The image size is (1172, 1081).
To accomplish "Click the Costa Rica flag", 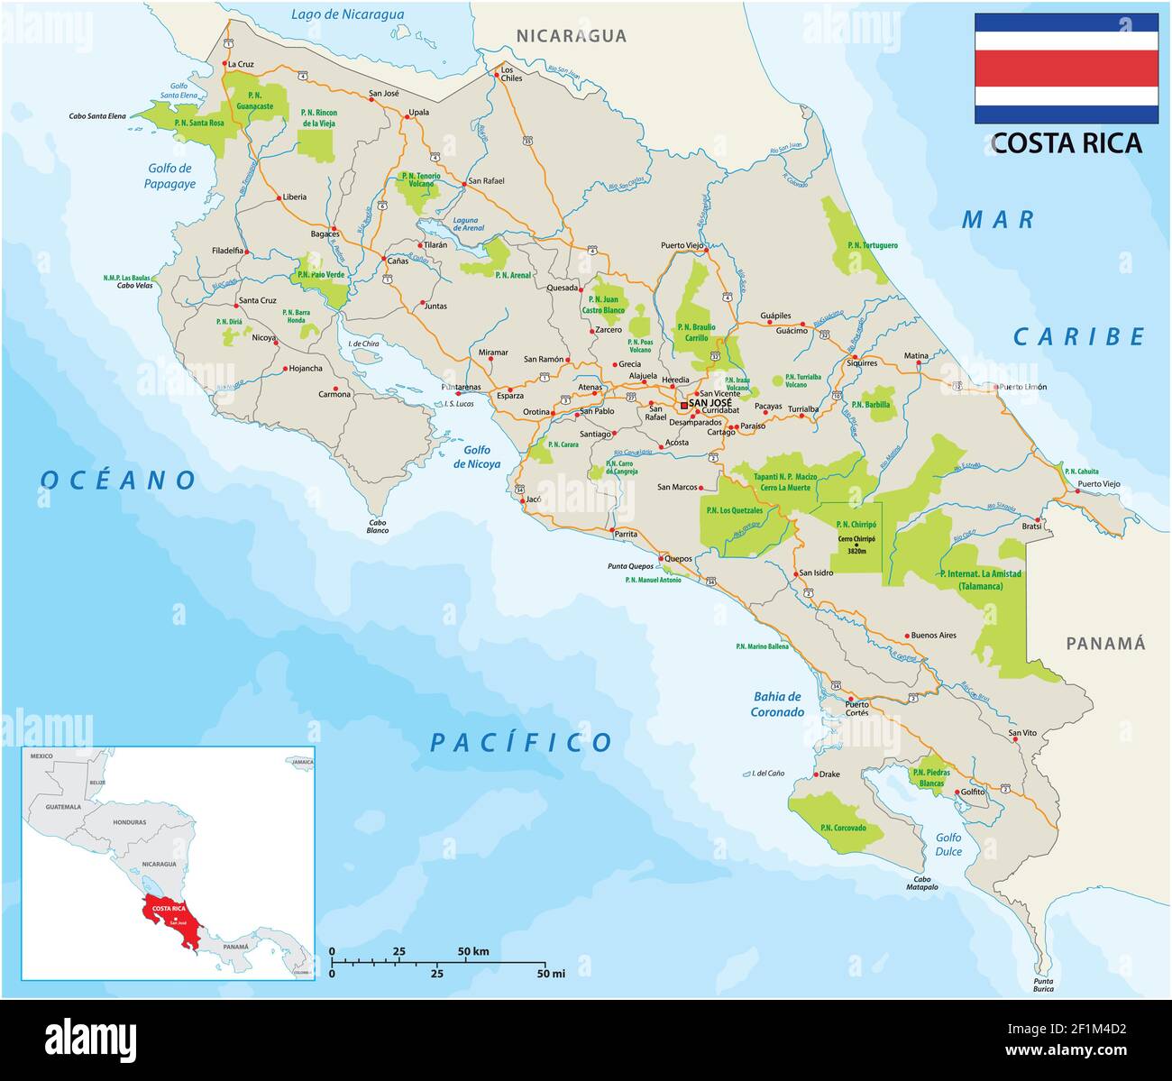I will (1066, 69).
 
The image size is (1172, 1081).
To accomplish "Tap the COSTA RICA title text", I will (1067, 143).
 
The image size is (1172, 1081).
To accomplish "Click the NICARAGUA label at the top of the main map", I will (571, 36).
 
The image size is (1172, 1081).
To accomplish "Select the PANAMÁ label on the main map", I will (1105, 644).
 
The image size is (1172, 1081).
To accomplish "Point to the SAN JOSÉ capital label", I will (710, 403).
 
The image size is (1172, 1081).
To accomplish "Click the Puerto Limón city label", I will (1022, 387).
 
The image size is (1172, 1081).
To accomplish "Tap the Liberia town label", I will (294, 197).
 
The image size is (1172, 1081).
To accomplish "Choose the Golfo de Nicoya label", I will (477, 457).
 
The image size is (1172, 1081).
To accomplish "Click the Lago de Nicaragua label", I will (347, 14).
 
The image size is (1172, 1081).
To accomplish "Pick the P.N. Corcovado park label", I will (843, 828).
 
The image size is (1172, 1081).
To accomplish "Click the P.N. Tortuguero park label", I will (872, 245).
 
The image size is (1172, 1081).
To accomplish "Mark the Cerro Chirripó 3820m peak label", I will (856, 545).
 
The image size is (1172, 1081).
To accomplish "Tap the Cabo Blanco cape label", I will (378, 527).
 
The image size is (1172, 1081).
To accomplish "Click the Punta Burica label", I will (1043, 985).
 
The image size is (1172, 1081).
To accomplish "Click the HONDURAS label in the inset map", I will (130, 822).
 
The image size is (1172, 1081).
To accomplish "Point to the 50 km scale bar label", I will (473, 951).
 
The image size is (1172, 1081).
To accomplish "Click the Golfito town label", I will (973, 792).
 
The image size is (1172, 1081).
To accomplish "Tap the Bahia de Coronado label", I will (776, 704).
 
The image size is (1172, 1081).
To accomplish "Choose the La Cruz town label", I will (241, 64).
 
